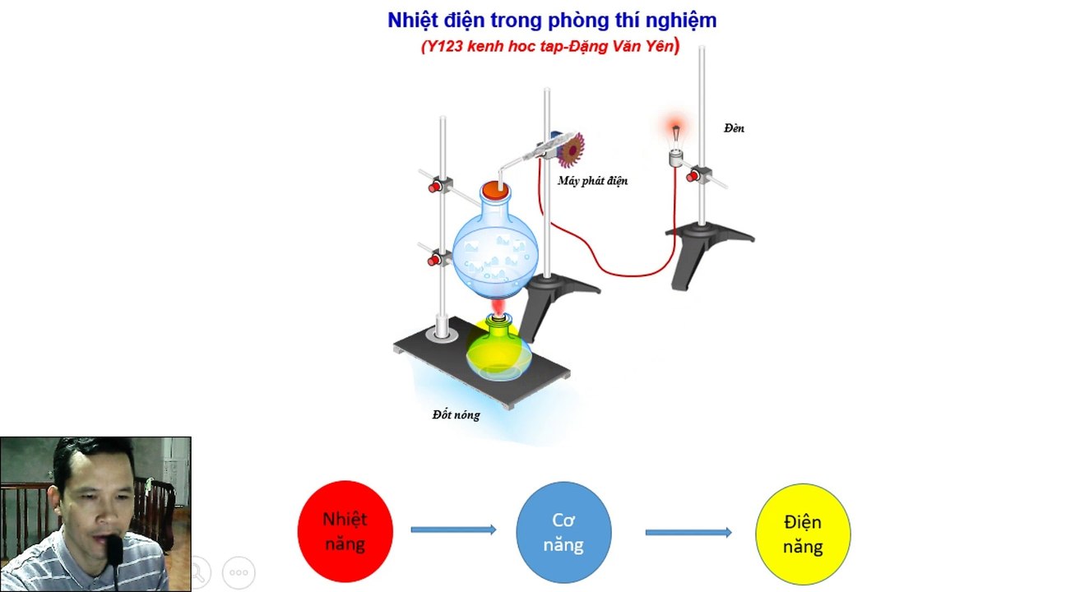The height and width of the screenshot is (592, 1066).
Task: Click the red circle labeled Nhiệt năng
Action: click(x=345, y=531)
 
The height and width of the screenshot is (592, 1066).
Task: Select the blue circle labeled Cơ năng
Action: click(x=563, y=533)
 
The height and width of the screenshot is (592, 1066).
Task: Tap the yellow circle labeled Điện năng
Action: click(x=803, y=534)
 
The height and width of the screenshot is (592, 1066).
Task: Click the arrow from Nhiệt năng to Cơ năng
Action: click(x=453, y=530)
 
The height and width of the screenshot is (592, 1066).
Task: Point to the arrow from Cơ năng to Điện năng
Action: click(x=688, y=532)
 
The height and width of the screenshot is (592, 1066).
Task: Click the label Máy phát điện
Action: click(x=592, y=181)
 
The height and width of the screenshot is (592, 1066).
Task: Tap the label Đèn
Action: click(x=734, y=128)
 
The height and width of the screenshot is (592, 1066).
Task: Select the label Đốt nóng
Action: click(x=456, y=415)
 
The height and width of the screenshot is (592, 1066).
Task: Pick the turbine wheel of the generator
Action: click(x=571, y=150)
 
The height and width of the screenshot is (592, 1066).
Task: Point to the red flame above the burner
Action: click(x=498, y=306)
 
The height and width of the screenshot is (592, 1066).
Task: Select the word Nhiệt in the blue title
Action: click(x=412, y=21)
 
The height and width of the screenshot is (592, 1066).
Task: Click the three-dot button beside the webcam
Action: click(x=239, y=572)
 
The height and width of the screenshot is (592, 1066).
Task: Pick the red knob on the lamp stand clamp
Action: click(x=693, y=177)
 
